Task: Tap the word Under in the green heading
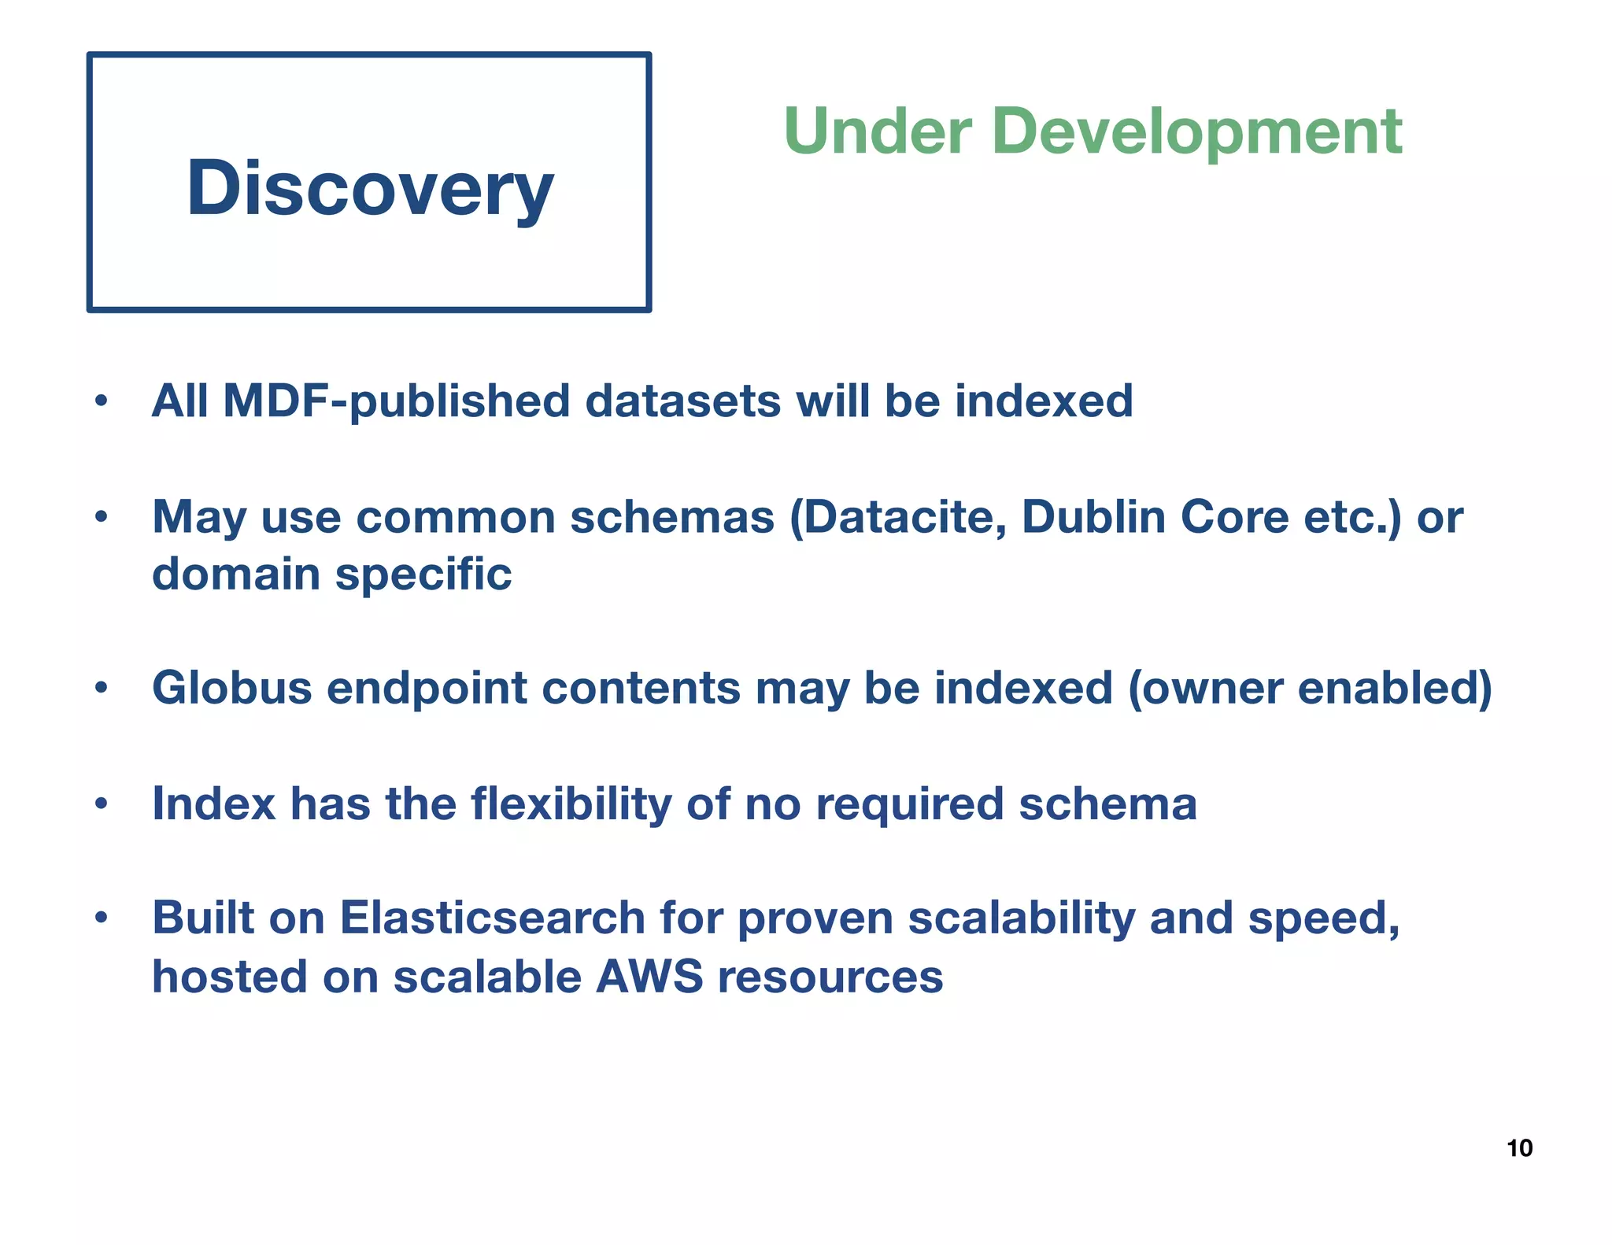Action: [877, 131]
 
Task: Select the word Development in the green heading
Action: [1196, 132]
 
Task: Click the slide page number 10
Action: [1519, 1148]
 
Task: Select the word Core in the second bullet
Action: [1234, 517]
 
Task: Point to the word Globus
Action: [232, 688]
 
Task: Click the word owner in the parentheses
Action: [1204, 689]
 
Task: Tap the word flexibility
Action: [571, 804]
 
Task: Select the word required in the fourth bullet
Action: [909, 804]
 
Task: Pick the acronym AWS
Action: [649, 977]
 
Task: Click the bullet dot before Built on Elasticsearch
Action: [100, 918]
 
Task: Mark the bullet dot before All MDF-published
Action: [100, 402]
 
